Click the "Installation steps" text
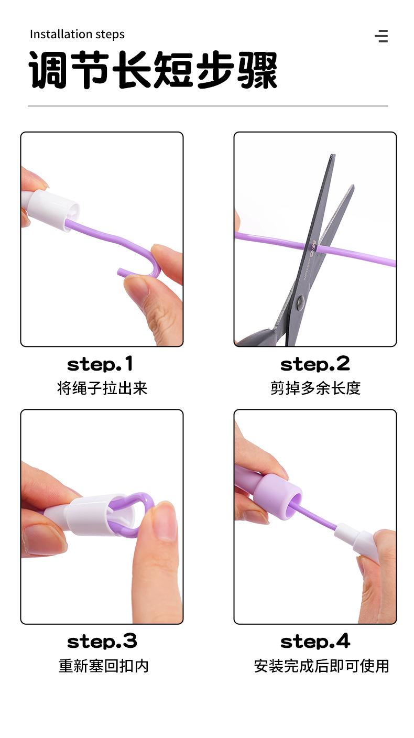coord(77,35)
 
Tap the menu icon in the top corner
coord(382,36)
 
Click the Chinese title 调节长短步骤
coord(152,70)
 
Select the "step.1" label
coord(100,364)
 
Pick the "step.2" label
coord(315,364)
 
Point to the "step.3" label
coord(102,641)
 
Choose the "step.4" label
coord(315,641)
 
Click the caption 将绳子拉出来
coord(102,388)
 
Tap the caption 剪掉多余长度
coord(315,388)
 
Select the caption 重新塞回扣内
coord(103,666)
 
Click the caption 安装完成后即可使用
coord(321,666)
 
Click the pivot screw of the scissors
coord(300,302)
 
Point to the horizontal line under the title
coord(208,106)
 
